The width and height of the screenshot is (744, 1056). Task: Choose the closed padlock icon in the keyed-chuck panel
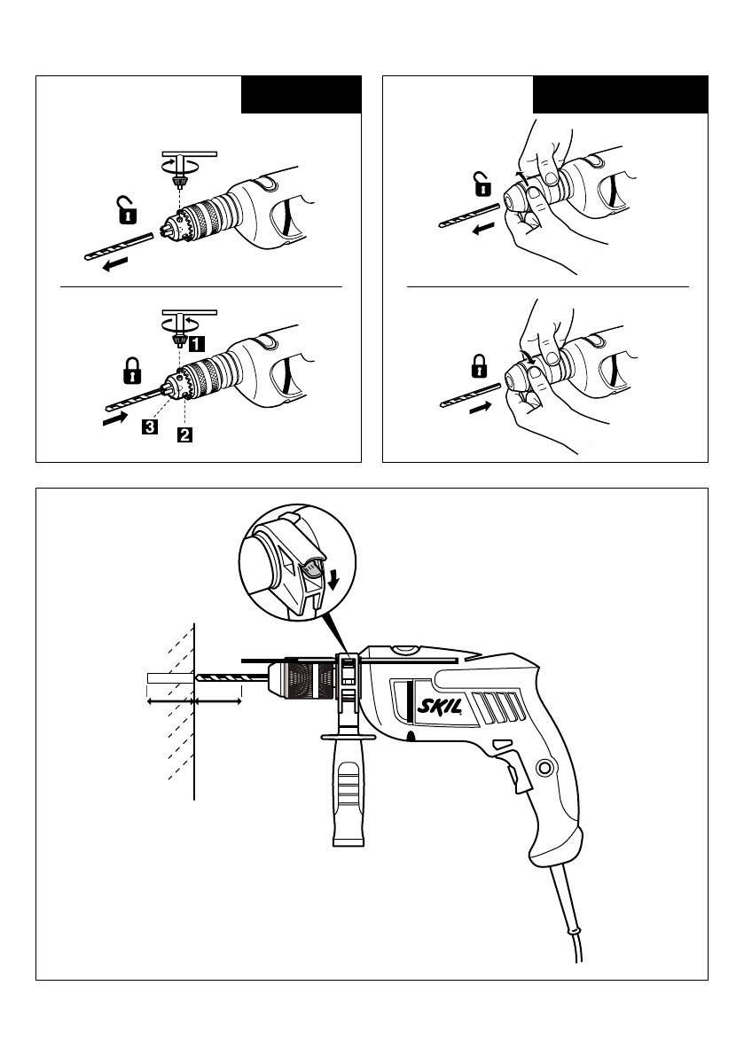point(130,370)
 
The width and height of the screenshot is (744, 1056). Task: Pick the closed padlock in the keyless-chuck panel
point(479,364)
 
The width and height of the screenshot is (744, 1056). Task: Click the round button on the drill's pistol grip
point(544,767)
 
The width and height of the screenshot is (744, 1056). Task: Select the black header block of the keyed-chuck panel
point(302,95)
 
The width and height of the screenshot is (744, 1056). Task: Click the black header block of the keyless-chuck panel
point(620,95)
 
